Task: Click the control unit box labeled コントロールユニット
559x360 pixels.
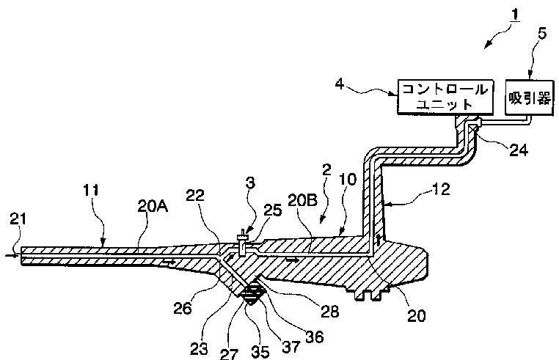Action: [443, 97]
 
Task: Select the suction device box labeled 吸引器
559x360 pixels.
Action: [530, 96]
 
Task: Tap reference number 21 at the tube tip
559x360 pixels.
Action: [20, 218]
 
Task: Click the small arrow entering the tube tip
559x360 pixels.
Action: [7, 255]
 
